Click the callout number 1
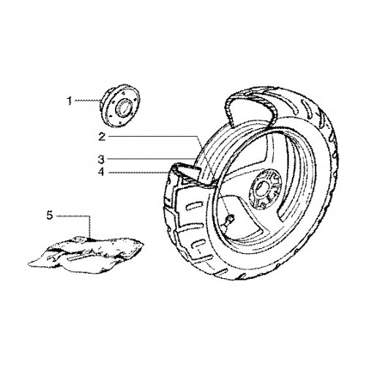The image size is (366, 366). [70, 101]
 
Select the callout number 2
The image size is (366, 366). [102, 137]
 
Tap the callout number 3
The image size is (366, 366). [101, 160]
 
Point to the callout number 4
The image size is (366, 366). [101, 172]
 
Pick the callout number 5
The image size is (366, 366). [50, 215]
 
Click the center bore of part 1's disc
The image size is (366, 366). [124, 107]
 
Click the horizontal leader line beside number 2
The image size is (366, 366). [152, 136]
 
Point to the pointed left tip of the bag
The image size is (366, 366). [29, 264]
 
